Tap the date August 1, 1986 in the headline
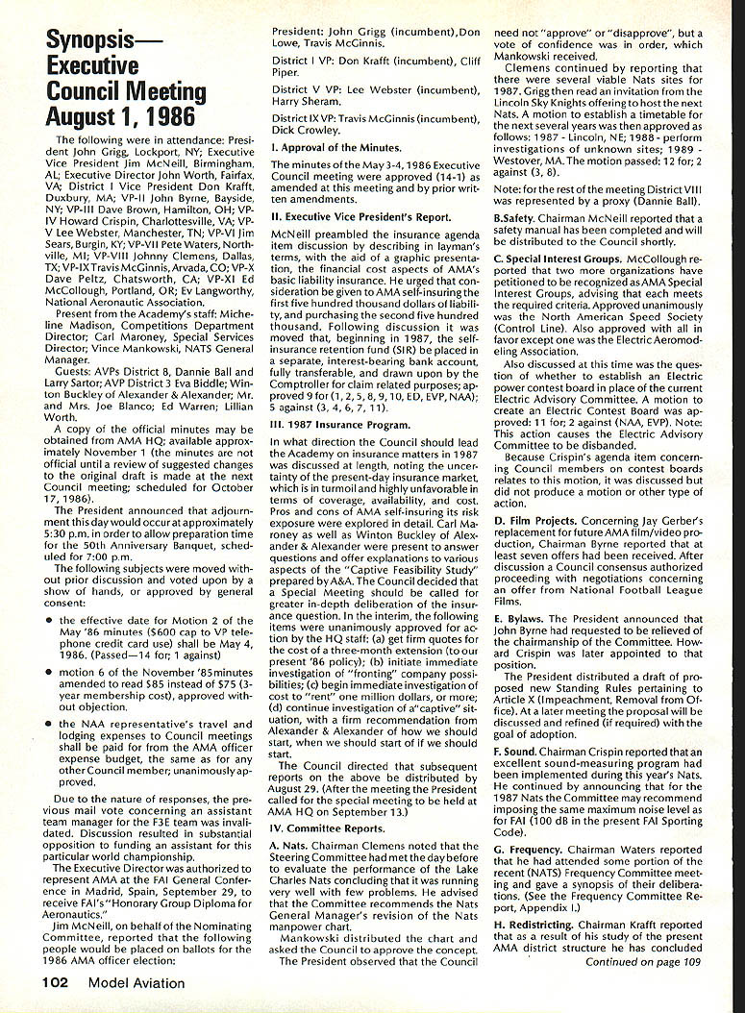click(x=122, y=117)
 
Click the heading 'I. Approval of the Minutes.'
click(x=336, y=147)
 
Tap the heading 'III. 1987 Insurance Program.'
click(x=339, y=425)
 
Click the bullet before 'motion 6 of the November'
click(x=48, y=669)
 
